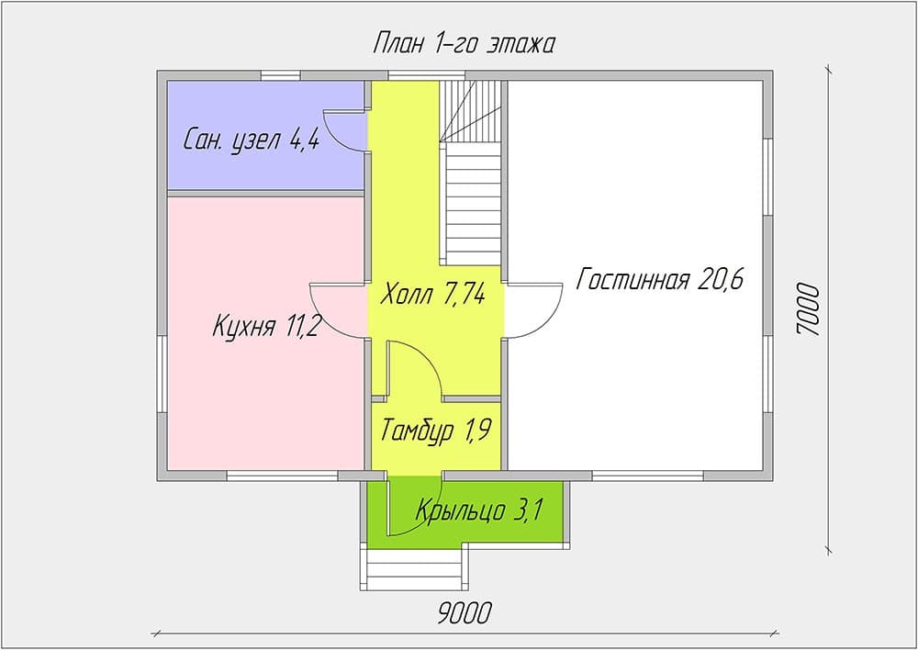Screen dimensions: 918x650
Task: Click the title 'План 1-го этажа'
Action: click(463, 44)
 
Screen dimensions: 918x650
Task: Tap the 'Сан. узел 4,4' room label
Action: click(252, 140)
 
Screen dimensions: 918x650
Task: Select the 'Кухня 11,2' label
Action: click(266, 326)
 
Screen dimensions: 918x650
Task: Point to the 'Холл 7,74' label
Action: click(432, 295)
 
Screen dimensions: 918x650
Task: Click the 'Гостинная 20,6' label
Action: click(660, 280)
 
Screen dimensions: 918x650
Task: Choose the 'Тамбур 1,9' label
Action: click(435, 431)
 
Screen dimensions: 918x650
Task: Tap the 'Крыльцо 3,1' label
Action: click(479, 510)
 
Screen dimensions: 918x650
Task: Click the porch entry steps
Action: click(415, 569)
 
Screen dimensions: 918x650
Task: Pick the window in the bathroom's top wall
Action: click(280, 75)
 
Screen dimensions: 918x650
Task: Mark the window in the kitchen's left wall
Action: click(162, 375)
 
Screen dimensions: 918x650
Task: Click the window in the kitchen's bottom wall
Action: click(282, 476)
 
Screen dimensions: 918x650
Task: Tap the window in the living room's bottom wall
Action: click(647, 476)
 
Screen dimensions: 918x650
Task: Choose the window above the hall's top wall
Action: click(426, 75)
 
